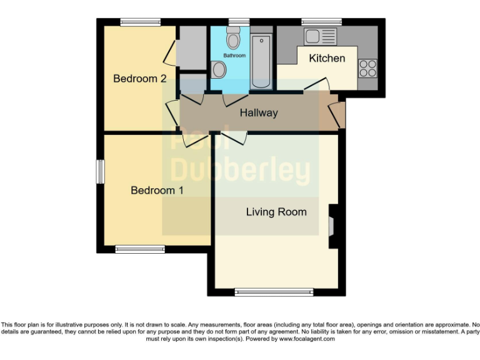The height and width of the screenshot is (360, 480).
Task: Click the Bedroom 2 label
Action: (139, 79)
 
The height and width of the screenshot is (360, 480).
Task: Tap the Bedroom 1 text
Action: (157, 190)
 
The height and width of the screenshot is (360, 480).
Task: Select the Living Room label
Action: (276, 212)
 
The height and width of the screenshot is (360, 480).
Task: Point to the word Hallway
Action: (259, 113)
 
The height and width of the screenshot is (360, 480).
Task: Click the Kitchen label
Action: (327, 58)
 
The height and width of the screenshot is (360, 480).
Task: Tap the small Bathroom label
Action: (235, 56)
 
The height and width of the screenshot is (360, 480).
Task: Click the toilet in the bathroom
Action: (234, 40)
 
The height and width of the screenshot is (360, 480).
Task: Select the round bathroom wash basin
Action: (219, 69)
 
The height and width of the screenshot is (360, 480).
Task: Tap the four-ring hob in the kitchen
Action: (367, 67)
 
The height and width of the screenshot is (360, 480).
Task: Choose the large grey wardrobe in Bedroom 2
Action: (191, 47)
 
